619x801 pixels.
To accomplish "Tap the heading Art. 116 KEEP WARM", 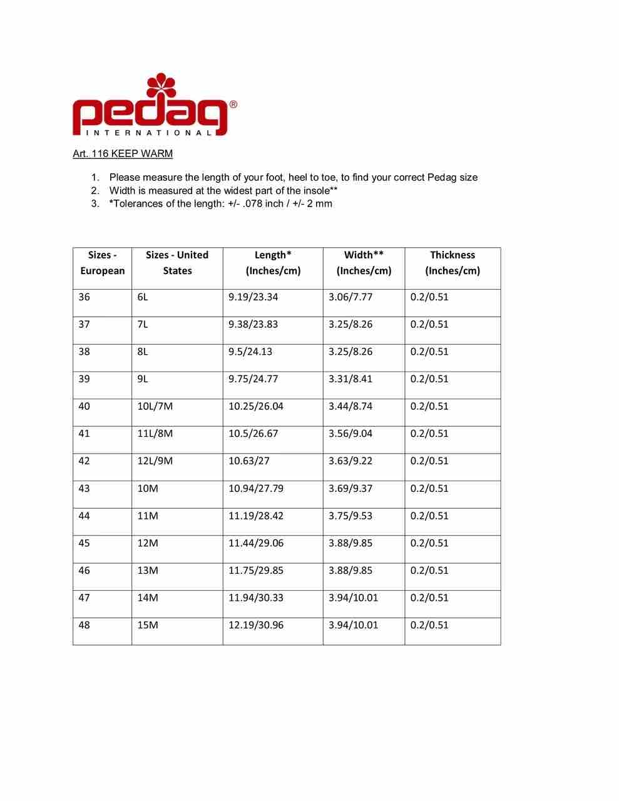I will point(123,154).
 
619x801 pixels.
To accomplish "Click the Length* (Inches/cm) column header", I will point(273,263).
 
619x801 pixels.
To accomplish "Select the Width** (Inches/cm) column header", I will point(364,263).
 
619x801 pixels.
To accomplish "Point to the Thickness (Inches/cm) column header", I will point(452,263).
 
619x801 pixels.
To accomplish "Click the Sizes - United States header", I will point(177,263).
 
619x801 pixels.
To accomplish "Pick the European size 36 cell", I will point(84,297).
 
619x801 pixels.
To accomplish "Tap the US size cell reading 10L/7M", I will point(155,407).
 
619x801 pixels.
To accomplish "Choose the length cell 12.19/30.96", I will point(256,625).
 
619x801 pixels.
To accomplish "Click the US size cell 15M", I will point(148,625).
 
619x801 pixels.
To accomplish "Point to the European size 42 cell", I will point(84,461).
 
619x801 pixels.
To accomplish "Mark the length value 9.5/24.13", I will point(250,352).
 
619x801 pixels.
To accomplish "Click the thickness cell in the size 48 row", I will point(429,625).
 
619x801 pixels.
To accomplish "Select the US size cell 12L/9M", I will point(155,461).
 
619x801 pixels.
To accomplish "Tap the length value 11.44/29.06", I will point(256,543).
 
